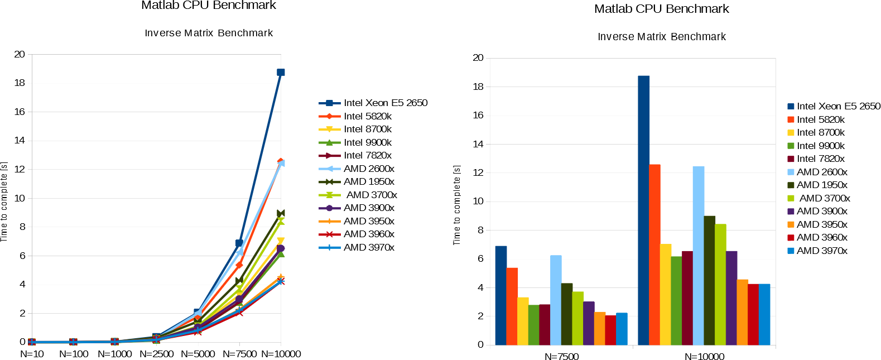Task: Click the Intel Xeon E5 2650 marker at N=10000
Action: click(x=281, y=73)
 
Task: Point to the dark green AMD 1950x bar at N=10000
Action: click(x=709, y=280)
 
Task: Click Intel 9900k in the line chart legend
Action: click(x=367, y=142)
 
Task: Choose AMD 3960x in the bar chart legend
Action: click(x=821, y=237)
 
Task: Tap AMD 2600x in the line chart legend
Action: click(x=368, y=169)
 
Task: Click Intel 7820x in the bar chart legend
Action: click(x=820, y=159)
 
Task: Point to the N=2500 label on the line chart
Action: click(x=157, y=354)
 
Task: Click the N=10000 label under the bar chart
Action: click(x=704, y=356)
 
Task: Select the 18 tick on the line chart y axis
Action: click(x=20, y=83)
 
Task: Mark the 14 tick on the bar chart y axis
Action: click(x=478, y=144)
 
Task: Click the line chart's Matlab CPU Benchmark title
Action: click(x=209, y=6)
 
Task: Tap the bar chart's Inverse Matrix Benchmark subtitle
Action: click(x=662, y=37)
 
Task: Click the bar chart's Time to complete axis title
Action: click(x=457, y=205)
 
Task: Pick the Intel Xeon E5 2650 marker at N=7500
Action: click(x=239, y=243)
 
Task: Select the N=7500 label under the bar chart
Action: click(x=561, y=356)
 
